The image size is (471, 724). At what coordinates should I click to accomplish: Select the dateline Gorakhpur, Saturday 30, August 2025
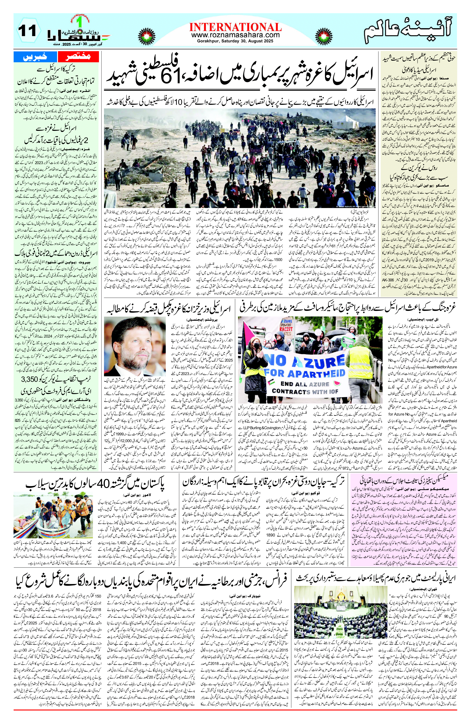click(235, 41)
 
